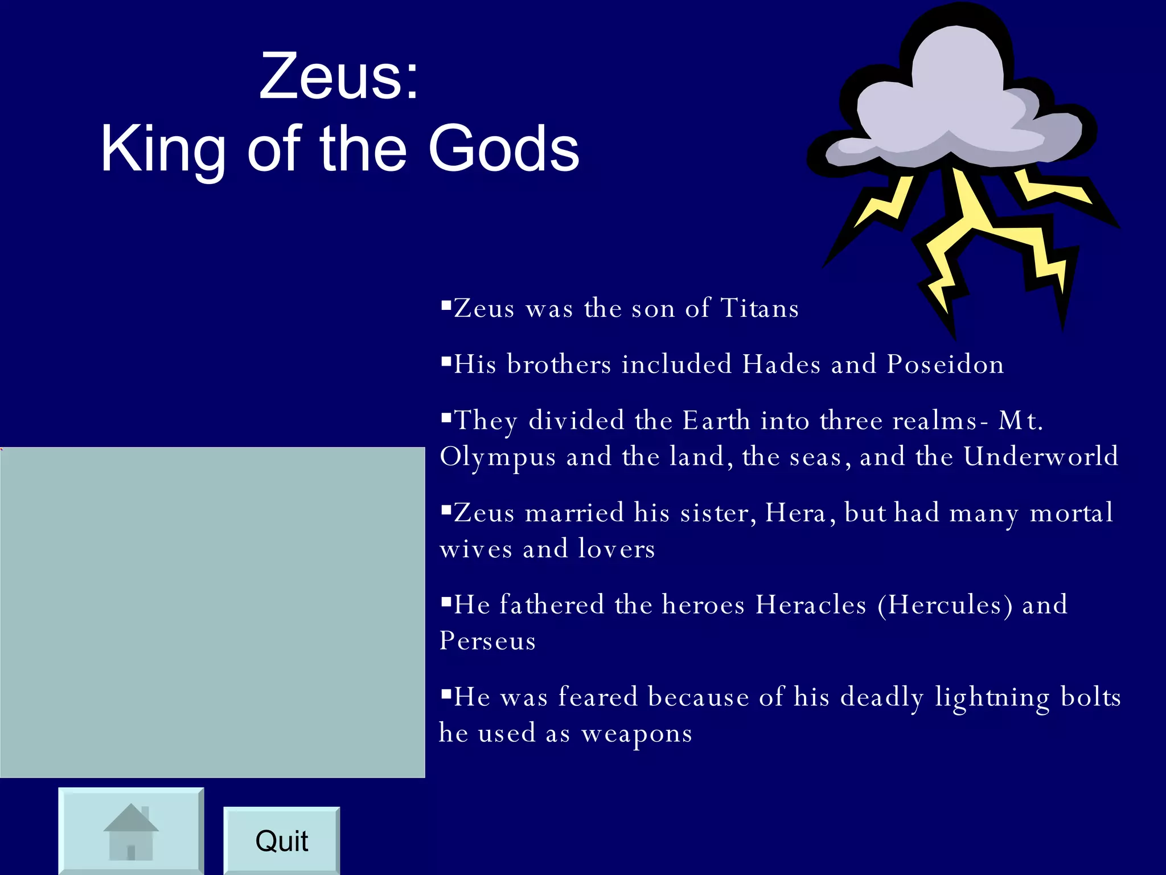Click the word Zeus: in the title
coord(339,76)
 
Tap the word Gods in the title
coord(503,149)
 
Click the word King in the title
coord(163,149)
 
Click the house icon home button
coord(131,832)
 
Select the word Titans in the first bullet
coord(760,308)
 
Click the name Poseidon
coord(946,364)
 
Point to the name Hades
coord(781,364)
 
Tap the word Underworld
coord(1041,456)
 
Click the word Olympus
coord(498,457)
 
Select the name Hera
coord(795,513)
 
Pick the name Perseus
coord(487,641)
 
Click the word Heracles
coord(811,604)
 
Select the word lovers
coord(617,549)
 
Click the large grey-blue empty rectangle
coord(212,612)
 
